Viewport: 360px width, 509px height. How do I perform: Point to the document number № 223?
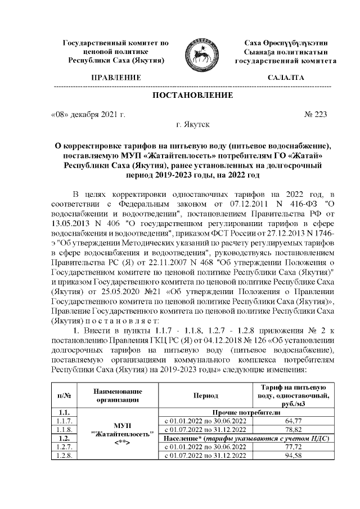point(315,114)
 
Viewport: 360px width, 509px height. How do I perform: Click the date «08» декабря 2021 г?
point(87,114)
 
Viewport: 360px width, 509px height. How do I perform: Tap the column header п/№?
point(60,396)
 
